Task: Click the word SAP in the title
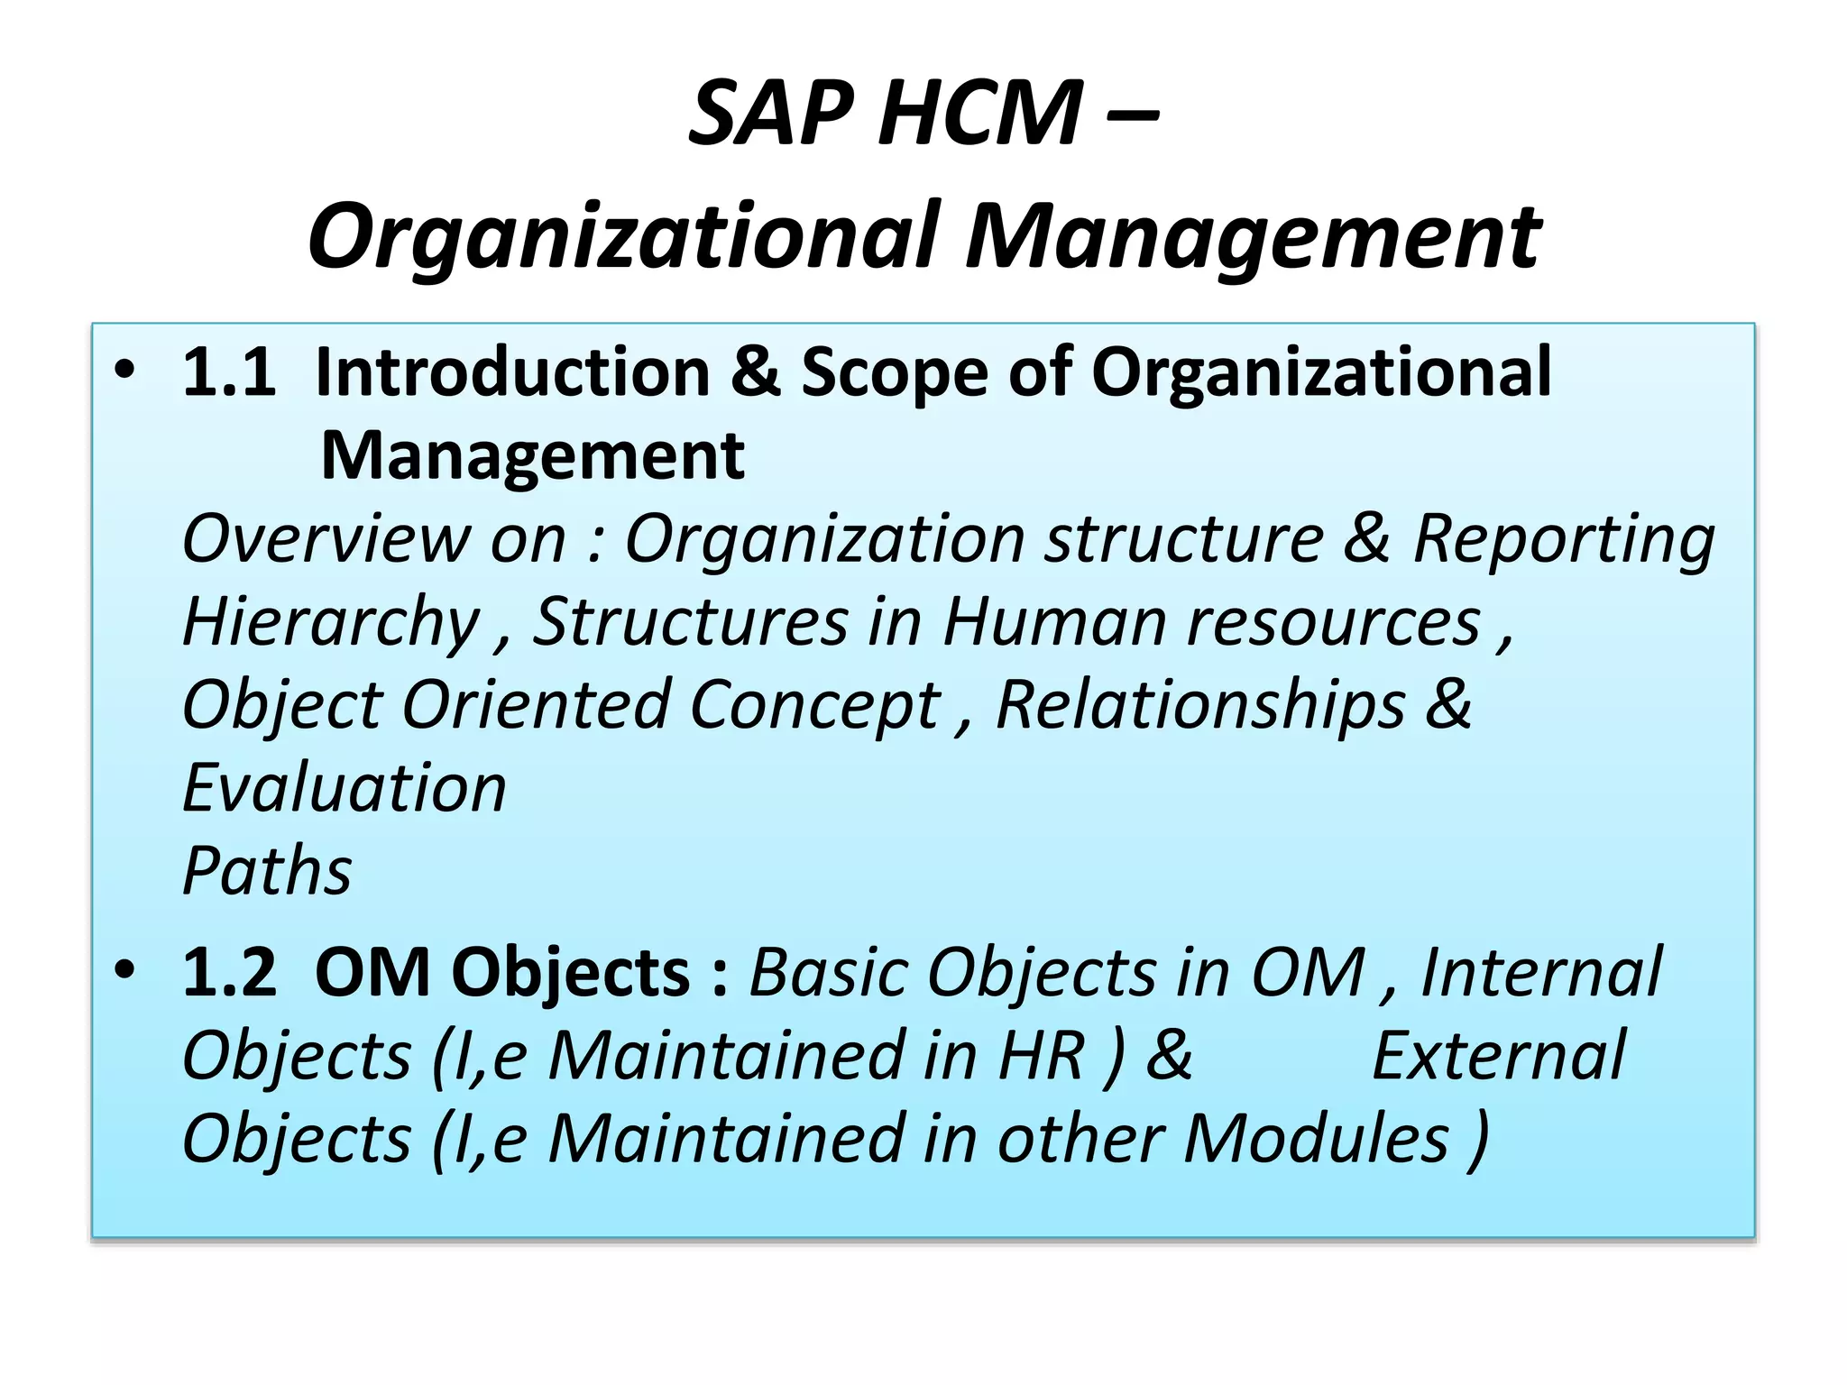pyautogui.click(x=772, y=114)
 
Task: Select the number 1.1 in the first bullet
pyautogui.click(x=229, y=371)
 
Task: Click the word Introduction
pyautogui.click(x=513, y=371)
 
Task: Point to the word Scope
pyautogui.click(x=895, y=373)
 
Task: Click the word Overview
pyautogui.click(x=326, y=538)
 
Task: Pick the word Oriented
pyautogui.click(x=536, y=705)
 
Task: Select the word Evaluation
pyautogui.click(x=345, y=788)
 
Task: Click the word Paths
pyautogui.click(x=267, y=872)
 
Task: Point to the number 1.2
pyautogui.click(x=229, y=972)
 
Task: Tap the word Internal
pyautogui.click(x=1540, y=972)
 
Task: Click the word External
pyautogui.click(x=1499, y=1055)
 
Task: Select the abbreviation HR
pyautogui.click(x=1041, y=1055)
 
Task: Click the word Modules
pyautogui.click(x=1316, y=1139)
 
